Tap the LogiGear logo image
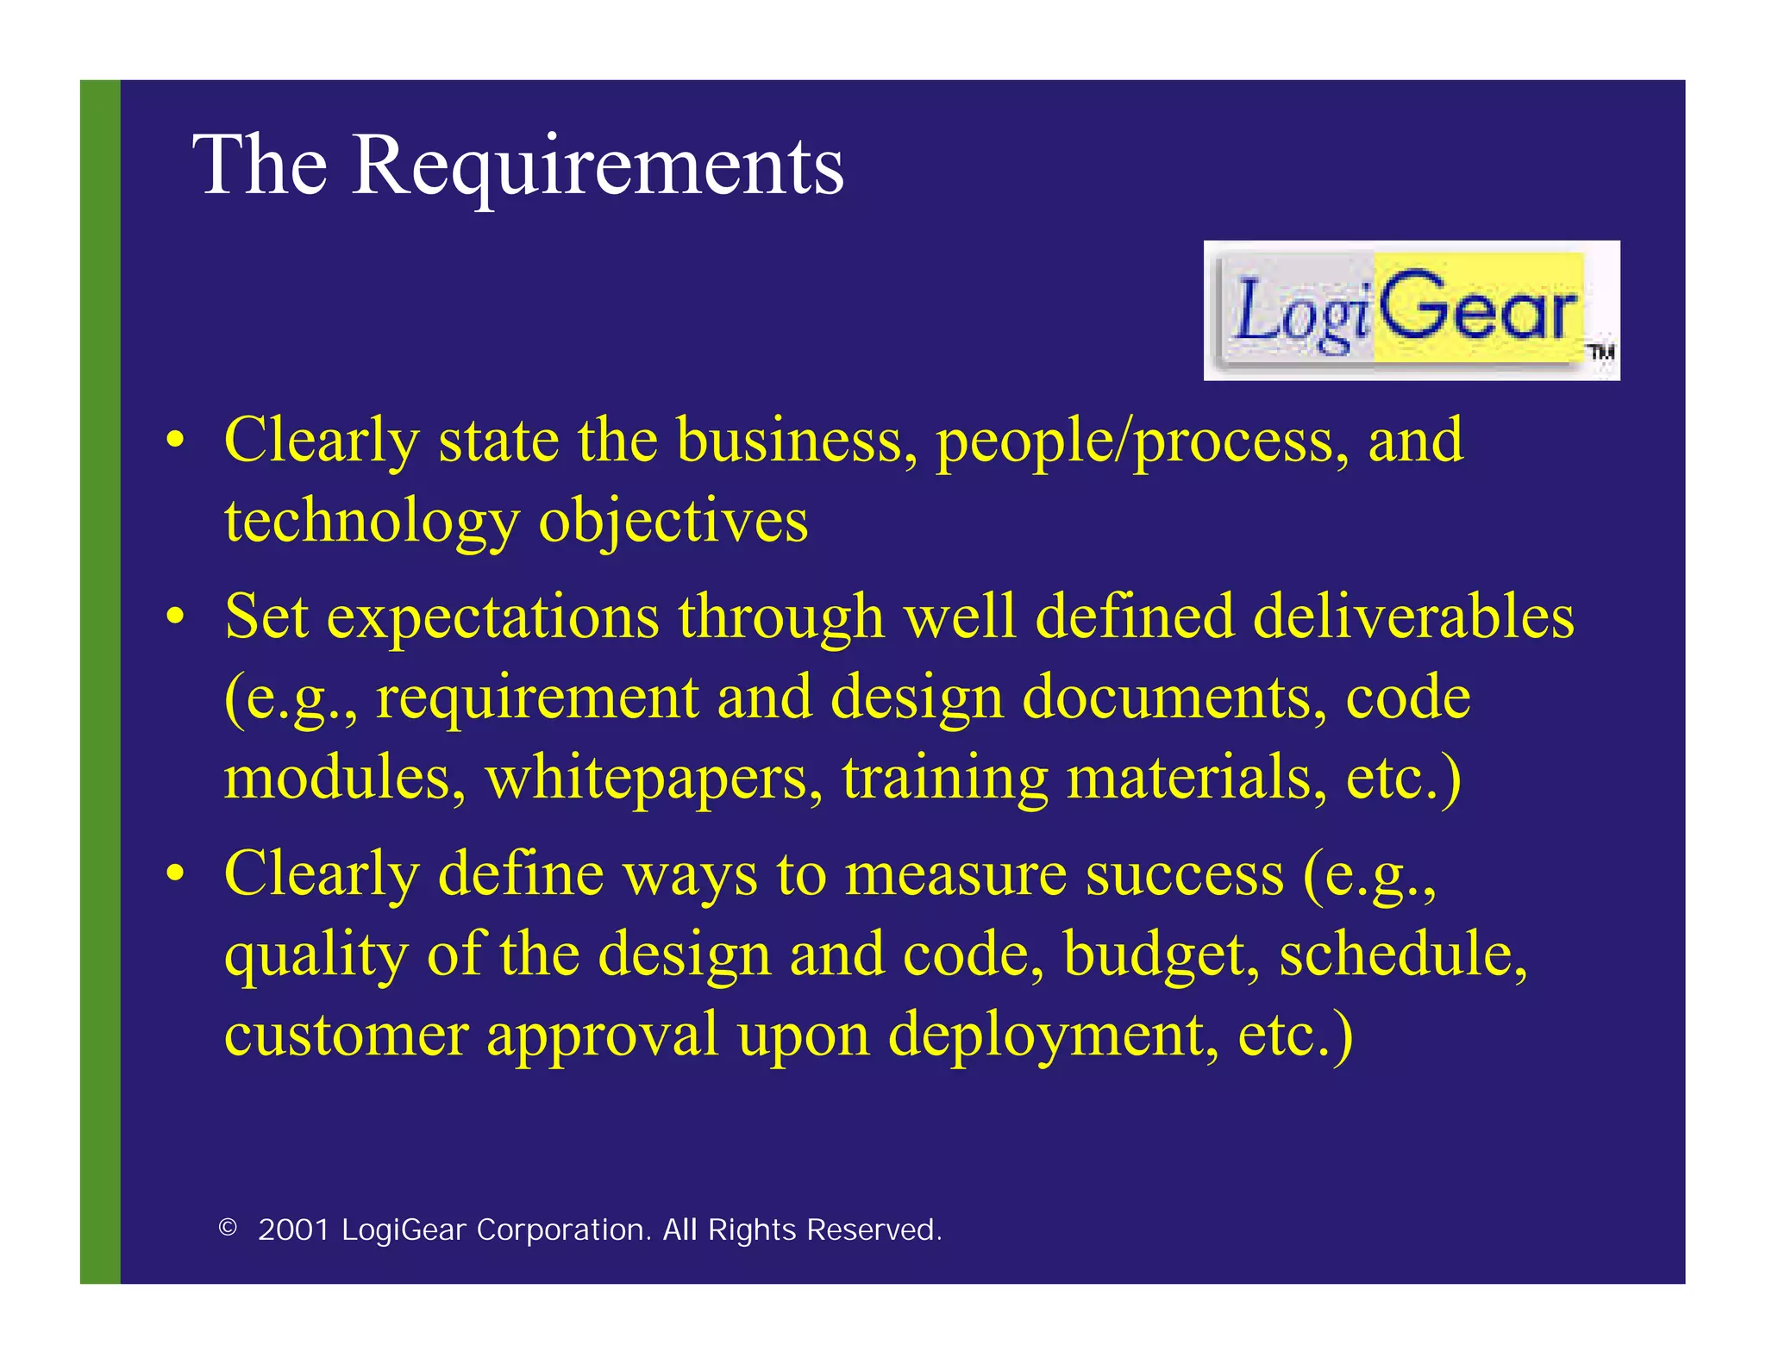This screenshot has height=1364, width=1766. click(x=1411, y=310)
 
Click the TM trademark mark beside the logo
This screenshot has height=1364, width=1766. click(x=1600, y=352)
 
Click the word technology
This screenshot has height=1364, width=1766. click(x=371, y=522)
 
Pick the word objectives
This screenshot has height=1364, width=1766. click(x=673, y=522)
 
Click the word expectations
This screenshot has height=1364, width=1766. click(x=492, y=618)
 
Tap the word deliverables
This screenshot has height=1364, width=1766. click(x=1413, y=616)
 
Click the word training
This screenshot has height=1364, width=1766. click(x=945, y=779)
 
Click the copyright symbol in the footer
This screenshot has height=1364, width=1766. click(x=228, y=1227)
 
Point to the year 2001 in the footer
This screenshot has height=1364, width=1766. click(x=294, y=1229)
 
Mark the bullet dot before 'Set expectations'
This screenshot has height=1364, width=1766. click(x=176, y=616)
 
